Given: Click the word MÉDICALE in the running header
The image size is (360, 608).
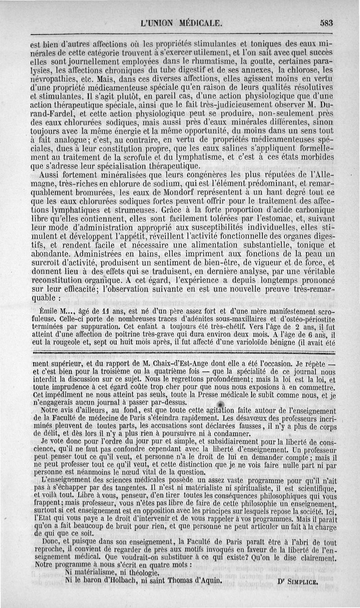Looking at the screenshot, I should click(197, 23).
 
